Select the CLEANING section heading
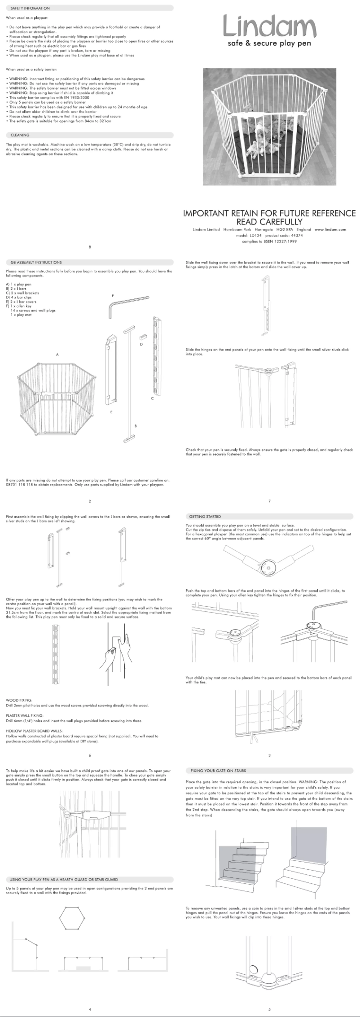coord(20,135)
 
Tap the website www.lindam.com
coord(330,229)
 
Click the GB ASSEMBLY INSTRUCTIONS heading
coord(36,262)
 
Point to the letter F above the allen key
coord(113,295)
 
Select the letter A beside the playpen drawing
coord(57,355)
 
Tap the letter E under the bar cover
coord(111,412)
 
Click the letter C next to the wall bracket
coord(152,399)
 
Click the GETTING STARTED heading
coord(205,516)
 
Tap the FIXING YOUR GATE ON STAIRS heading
coord(218,771)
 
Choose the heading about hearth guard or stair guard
coord(64,879)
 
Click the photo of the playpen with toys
coord(269,127)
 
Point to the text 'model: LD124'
coord(248,235)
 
